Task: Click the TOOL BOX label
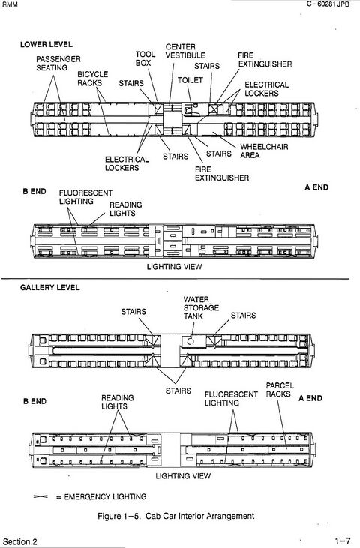145,58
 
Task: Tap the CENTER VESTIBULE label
185,51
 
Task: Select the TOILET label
190,80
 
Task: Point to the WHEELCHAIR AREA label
264,151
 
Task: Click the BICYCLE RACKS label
92,79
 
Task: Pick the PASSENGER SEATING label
58,63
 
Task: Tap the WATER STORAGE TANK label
201,308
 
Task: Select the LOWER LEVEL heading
46,45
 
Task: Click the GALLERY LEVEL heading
50,288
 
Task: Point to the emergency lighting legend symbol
40,496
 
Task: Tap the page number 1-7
343,541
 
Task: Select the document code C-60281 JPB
328,4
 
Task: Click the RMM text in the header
10,5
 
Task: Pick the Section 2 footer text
20,541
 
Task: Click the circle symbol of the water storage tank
190,341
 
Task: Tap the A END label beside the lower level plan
316,187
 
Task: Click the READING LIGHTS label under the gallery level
118,402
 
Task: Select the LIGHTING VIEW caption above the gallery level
174,267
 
